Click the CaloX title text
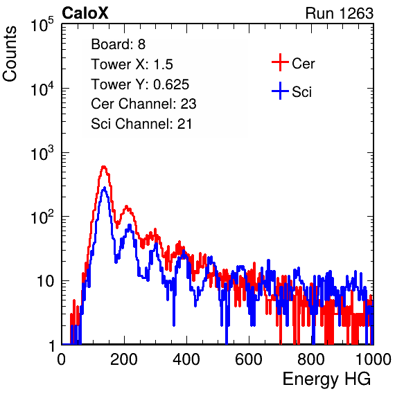(85, 13)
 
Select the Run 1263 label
(340, 13)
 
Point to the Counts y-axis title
(10, 54)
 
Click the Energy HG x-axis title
(326, 379)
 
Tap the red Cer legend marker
(280, 62)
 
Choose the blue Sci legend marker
(280, 91)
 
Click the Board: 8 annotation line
(118, 44)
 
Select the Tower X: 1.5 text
(132, 64)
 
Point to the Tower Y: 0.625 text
(140, 84)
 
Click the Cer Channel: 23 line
(143, 104)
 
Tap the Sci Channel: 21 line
(141, 124)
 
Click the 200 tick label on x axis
(124, 359)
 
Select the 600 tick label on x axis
(249, 359)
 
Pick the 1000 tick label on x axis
(374, 359)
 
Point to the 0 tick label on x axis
(62, 359)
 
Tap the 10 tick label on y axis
(45, 281)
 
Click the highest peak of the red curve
(103, 167)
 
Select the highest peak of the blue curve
(105, 188)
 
